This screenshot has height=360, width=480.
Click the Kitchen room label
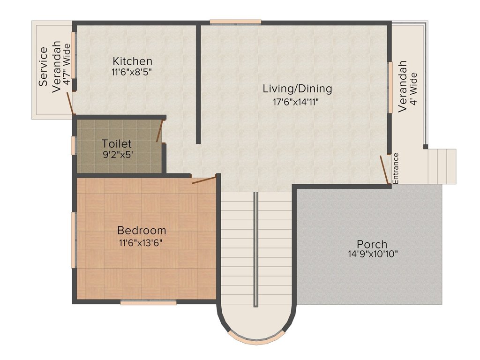click(x=132, y=61)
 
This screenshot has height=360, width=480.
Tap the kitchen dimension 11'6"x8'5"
click(x=132, y=73)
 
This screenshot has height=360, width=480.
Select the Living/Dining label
click(x=297, y=89)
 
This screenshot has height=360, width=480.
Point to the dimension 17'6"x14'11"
click(x=296, y=102)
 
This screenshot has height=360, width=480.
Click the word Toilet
click(x=117, y=143)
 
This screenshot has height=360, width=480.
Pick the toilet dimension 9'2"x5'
click(x=118, y=155)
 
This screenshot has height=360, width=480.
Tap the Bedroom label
click(x=142, y=230)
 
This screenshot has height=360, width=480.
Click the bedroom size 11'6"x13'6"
click(x=141, y=243)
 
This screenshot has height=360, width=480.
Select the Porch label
click(x=372, y=244)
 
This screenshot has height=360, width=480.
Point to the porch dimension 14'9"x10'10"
click(x=373, y=254)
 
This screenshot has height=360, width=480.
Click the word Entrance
click(x=396, y=168)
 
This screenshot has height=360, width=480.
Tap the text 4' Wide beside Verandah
click(x=413, y=89)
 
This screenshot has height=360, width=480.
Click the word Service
click(x=44, y=66)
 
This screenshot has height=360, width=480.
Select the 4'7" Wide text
click(x=66, y=64)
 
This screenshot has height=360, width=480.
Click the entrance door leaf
click(x=384, y=170)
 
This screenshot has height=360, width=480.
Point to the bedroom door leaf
click(x=204, y=180)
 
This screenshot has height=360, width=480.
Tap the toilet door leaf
click(x=159, y=131)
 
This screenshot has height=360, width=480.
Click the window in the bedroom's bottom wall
click(x=149, y=302)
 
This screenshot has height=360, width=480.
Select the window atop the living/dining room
click(x=235, y=22)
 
